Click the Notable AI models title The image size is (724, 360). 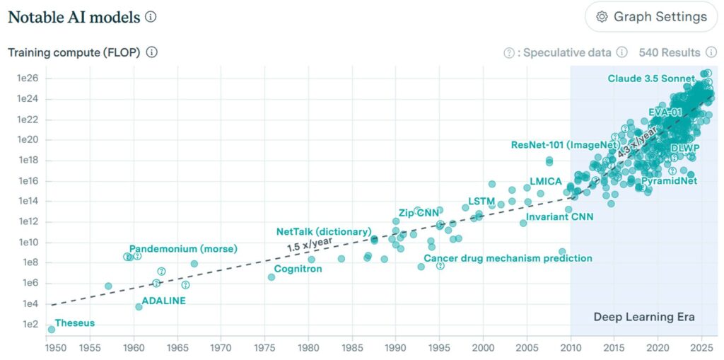pos(74,17)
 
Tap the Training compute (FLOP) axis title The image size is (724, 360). pos(74,52)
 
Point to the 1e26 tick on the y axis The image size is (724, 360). pos(28,78)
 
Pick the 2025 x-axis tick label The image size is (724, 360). pos(701,347)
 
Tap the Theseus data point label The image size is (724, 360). pos(74,323)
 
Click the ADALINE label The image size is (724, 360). pos(163,301)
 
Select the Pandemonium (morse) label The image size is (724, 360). pos(183,249)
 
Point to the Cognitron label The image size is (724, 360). pos(298,269)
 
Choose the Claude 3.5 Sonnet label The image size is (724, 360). pos(650,79)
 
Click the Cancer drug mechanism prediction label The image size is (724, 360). pos(508,258)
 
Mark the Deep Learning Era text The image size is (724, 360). pos(643,317)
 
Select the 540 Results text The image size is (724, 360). pos(669,52)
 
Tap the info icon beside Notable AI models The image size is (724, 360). pos(151,17)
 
